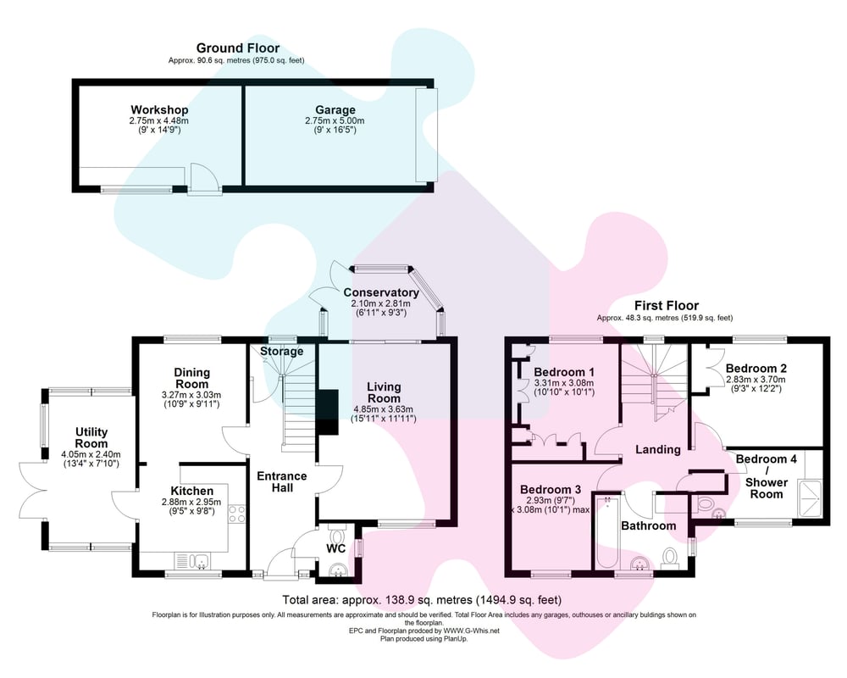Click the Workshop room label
159,110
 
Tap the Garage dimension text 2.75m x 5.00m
335,120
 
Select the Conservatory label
381,292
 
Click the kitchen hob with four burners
237,514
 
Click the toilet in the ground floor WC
337,536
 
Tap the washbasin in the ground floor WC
340,570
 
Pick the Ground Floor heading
238,48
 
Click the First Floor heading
667,305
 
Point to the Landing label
658,449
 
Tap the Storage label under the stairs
281,352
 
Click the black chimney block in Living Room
327,412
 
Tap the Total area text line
422,599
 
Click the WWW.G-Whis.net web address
472,631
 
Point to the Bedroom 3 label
551,489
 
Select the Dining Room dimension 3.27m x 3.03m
191,395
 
